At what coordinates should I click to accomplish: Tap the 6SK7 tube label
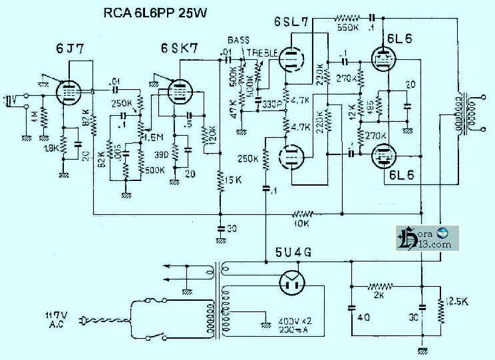[x=178, y=49]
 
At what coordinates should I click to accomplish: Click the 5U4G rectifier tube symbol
[x=291, y=283]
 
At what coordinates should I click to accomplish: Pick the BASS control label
[x=238, y=41]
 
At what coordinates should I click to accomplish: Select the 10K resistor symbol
[x=303, y=214]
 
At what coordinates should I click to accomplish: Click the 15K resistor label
[x=232, y=180]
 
